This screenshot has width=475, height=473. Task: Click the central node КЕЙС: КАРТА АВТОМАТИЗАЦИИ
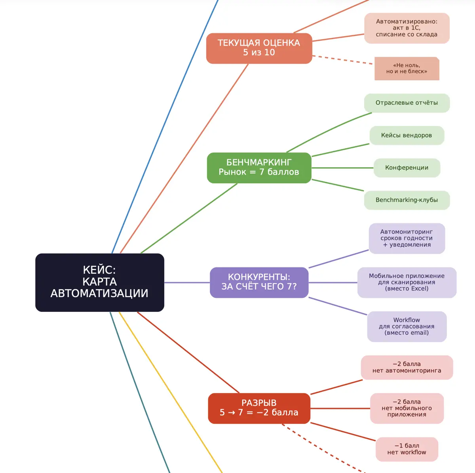pos(100,282)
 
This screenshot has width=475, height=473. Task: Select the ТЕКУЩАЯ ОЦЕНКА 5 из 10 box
pos(259,48)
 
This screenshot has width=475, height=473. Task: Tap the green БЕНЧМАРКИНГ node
pos(259,168)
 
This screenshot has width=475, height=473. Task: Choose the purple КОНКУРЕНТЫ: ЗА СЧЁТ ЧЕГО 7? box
pos(259,282)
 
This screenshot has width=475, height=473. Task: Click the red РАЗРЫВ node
pos(259,408)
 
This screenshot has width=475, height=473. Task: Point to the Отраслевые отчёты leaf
pos(407,103)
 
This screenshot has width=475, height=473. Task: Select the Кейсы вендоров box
pos(407,135)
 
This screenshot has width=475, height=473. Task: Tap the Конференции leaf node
pos(407,168)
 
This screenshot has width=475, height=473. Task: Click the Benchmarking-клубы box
pos(407,200)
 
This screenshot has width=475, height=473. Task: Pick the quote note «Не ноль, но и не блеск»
pos(407,69)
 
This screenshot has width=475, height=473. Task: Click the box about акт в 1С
pos(407,28)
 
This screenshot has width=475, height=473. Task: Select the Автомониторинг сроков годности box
pos(407,238)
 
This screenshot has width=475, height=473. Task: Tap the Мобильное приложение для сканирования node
pos(407,282)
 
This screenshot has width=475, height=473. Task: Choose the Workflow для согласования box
pos(407,326)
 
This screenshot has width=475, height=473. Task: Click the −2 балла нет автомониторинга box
pos(407,367)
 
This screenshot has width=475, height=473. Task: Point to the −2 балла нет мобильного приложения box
pos(407,408)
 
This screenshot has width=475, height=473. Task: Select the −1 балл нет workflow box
pos(407,449)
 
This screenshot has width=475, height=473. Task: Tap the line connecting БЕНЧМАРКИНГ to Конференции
pos(343,168)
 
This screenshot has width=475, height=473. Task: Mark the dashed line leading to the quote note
pos(342,60)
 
